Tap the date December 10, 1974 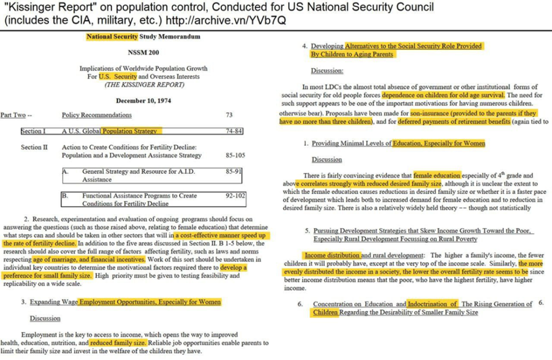click(x=143, y=100)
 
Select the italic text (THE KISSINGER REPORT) click(x=144, y=84)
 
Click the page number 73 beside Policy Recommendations click(x=230, y=115)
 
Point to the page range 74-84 click(x=234, y=131)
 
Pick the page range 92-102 click(x=235, y=196)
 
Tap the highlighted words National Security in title click(x=112, y=37)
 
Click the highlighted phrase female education click(x=437, y=175)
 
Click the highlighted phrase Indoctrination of click(x=433, y=304)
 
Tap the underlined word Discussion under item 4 click(x=326, y=71)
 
